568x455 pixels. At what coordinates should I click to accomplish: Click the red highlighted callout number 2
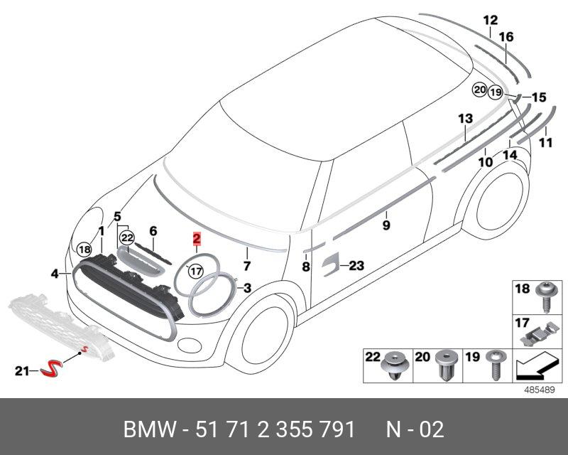(x=197, y=240)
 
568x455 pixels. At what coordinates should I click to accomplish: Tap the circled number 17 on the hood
(x=195, y=271)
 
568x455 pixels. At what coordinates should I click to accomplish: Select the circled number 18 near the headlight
(x=84, y=250)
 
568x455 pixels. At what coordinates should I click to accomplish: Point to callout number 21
(x=22, y=370)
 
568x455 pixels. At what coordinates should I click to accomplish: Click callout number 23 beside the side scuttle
(x=356, y=266)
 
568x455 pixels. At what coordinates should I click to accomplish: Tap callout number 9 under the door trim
(x=386, y=225)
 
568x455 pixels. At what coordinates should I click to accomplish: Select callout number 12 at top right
(x=491, y=21)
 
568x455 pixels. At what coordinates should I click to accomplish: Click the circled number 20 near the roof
(x=481, y=90)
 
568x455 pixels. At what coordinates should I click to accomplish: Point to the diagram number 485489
(x=540, y=390)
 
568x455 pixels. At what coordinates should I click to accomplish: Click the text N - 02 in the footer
(x=415, y=429)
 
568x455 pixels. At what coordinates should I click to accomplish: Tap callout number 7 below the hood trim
(x=247, y=267)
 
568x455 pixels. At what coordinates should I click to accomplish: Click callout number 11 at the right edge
(x=545, y=143)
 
